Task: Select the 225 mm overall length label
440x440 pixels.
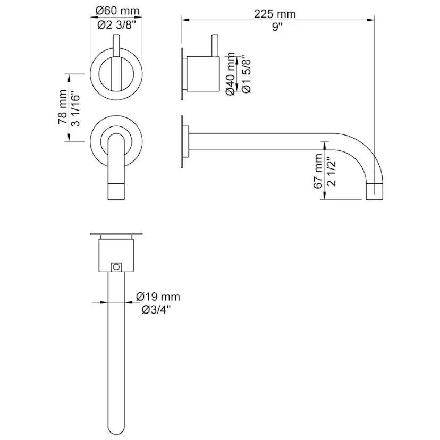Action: [x=275, y=14]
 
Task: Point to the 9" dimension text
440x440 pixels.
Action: [x=276, y=28]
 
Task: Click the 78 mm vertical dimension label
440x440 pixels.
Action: [x=62, y=108]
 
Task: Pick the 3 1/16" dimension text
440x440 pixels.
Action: [x=76, y=108]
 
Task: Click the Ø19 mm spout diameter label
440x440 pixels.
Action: [x=158, y=297]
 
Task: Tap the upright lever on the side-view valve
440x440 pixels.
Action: [x=215, y=45]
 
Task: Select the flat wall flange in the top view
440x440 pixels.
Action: [x=116, y=234]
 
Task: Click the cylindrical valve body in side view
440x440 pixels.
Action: [x=203, y=72]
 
